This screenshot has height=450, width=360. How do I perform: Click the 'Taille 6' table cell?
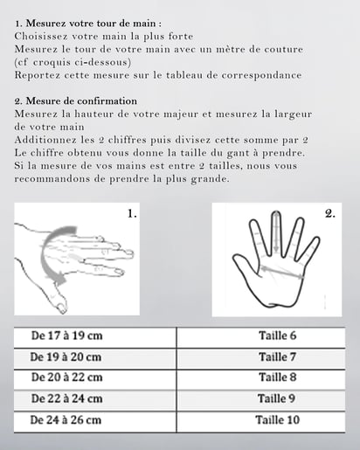coord(260,337)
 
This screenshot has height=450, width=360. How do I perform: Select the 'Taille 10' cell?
coord(260,422)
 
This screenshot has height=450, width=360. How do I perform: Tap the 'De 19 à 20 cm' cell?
coord(95,358)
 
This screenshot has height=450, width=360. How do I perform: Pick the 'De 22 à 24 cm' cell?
coord(95,401)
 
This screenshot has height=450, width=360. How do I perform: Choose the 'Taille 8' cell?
coord(260,380)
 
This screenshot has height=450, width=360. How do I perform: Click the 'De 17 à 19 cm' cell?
coord(95,337)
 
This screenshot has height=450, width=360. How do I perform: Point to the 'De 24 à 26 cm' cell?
coord(95,422)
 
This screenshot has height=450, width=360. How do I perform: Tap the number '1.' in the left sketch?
coord(132,214)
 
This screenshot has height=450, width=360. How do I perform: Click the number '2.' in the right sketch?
coord(330,214)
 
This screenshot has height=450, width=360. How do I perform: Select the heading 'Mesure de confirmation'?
coord(81,101)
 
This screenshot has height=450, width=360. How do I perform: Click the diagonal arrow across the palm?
coord(282,272)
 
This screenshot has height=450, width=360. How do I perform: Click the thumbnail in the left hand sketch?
coord(61,307)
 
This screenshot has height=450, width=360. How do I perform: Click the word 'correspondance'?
coord(261,76)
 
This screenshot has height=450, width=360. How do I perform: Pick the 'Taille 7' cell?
coord(260,358)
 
